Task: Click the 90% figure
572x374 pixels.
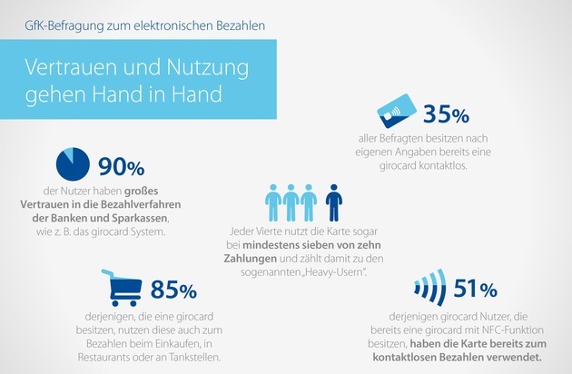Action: click(122, 167)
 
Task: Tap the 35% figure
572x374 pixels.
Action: click(446, 114)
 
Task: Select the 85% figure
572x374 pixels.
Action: click(173, 290)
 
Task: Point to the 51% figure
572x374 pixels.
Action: click(476, 289)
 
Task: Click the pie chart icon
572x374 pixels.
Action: click(73, 164)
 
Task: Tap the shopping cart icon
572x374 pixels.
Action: click(122, 288)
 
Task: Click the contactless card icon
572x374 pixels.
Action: click(397, 111)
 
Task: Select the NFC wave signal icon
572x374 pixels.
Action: click(430, 288)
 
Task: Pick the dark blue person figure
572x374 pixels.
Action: click(333, 202)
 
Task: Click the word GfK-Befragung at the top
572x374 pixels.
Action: click(64, 26)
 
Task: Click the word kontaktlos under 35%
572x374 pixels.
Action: click(443, 165)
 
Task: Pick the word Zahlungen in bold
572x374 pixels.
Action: click(251, 259)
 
